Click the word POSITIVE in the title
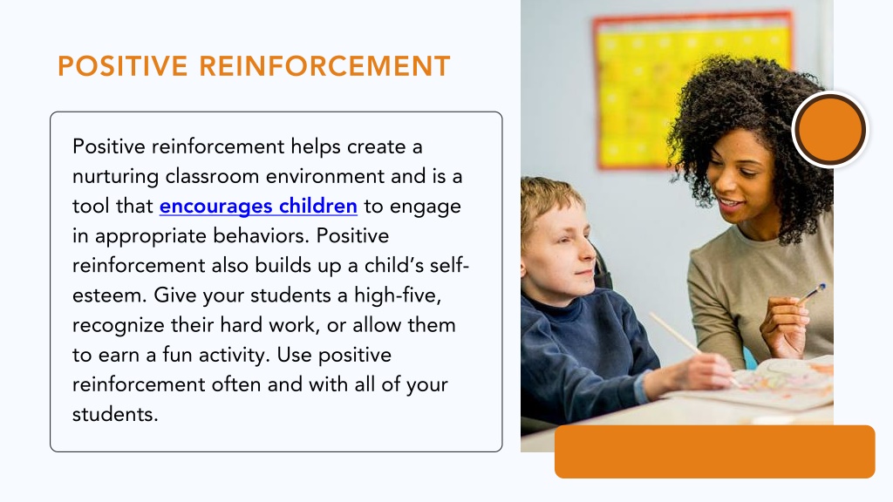[x=122, y=66]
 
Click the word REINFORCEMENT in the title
[x=324, y=66]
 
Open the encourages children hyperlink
[x=258, y=206]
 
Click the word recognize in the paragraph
[x=119, y=326]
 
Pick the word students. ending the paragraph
[x=115, y=414]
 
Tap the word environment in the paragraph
[x=325, y=176]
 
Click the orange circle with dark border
[x=830, y=130]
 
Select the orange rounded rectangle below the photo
[x=715, y=451]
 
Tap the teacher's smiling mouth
[x=730, y=203]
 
